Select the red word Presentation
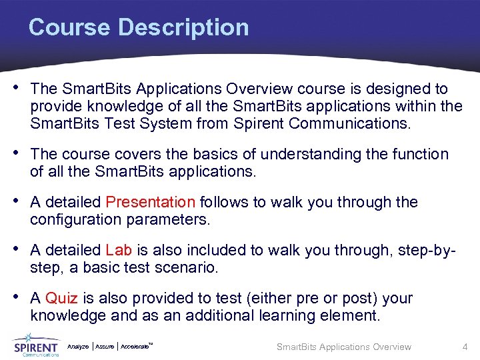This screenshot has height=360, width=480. click(150, 202)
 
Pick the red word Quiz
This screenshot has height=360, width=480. click(62, 298)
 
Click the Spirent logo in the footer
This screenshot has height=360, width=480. click(36, 347)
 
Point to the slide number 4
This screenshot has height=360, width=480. click(465, 347)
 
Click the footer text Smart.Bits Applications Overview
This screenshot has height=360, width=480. click(343, 347)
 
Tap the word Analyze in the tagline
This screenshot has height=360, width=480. click(78, 347)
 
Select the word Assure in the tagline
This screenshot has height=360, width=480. click(105, 347)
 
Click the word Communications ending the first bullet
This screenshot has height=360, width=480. click(353, 123)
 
